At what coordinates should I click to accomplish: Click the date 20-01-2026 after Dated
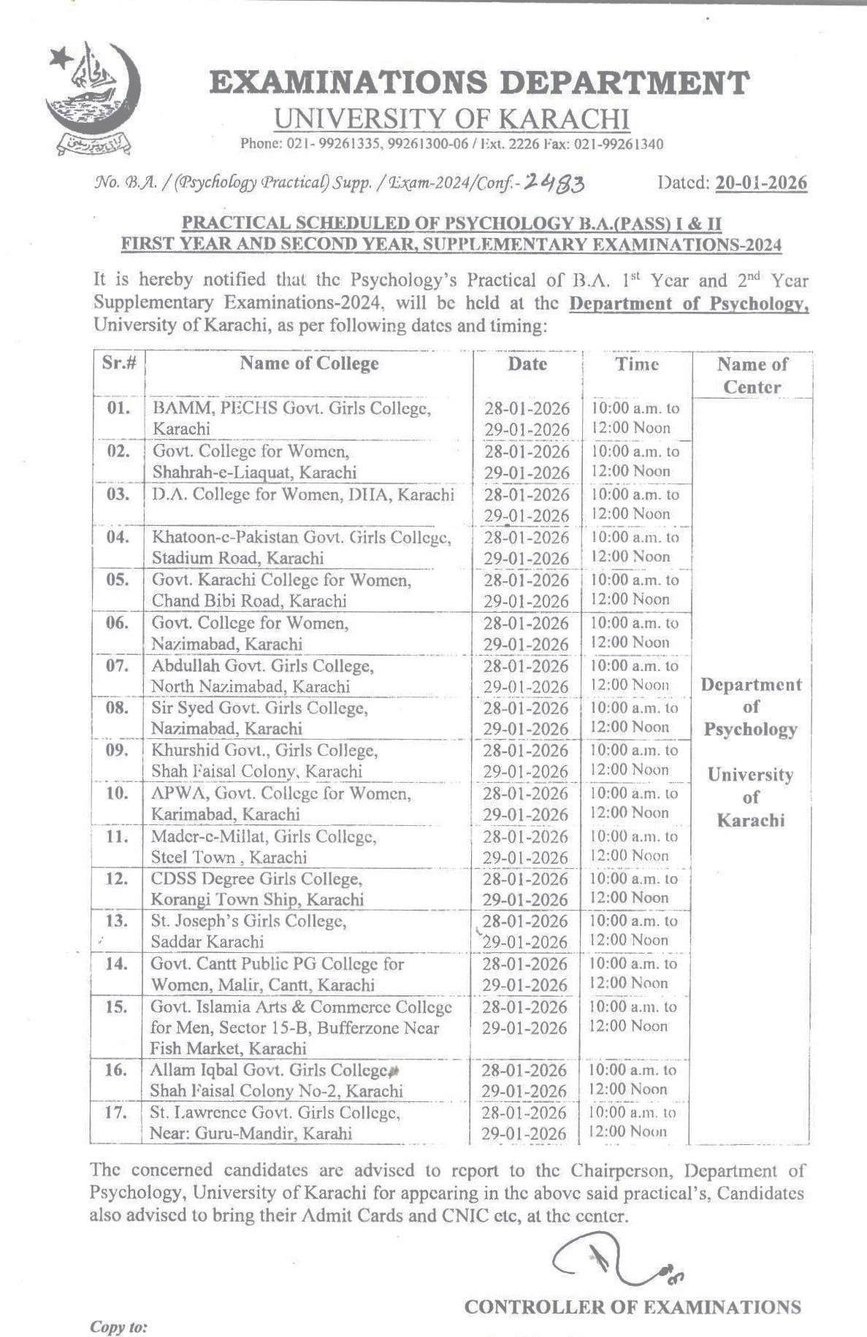(761, 183)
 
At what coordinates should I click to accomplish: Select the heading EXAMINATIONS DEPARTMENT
(479, 83)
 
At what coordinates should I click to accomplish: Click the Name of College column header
(309, 364)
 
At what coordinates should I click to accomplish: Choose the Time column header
(636, 364)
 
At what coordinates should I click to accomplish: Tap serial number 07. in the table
(118, 666)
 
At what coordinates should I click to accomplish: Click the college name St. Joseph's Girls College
(248, 922)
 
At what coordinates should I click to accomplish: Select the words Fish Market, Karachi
(228, 1049)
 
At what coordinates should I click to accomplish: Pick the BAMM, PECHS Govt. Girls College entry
(291, 407)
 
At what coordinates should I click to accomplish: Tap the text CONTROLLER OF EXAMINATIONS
(632, 1306)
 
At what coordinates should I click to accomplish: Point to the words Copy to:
(118, 1326)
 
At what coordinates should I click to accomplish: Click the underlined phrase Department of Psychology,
(688, 303)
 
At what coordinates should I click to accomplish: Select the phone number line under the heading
(451, 144)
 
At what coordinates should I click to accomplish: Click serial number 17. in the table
(116, 1113)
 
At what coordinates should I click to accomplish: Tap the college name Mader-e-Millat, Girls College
(264, 837)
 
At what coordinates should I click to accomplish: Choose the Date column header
(527, 364)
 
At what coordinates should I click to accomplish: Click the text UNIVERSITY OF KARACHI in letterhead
(451, 118)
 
